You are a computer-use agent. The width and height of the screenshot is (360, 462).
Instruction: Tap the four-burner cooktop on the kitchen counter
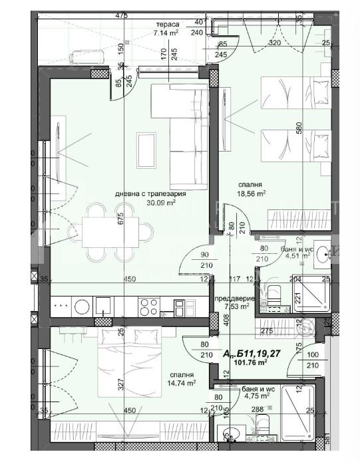(148, 306)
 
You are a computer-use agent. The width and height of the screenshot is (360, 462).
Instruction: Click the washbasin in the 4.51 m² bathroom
(323, 253)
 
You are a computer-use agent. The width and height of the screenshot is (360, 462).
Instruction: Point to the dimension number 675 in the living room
(122, 220)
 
